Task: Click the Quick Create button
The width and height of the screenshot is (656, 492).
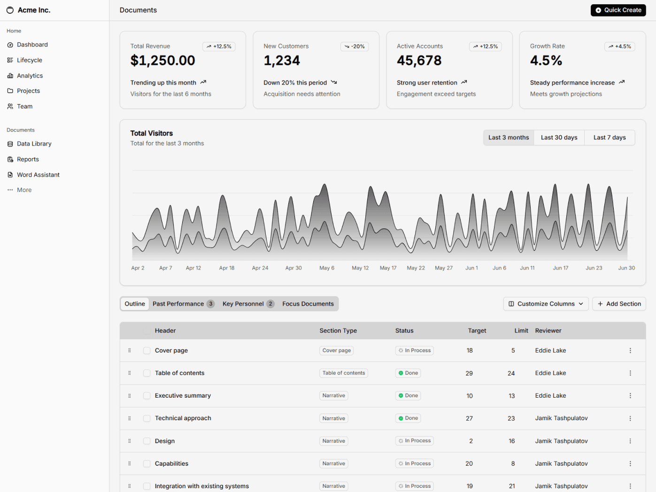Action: click(x=618, y=10)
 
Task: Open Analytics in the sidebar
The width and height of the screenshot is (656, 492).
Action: click(x=30, y=76)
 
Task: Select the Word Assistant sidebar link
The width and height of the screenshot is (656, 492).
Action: click(x=38, y=175)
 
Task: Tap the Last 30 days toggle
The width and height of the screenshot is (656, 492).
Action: click(x=559, y=138)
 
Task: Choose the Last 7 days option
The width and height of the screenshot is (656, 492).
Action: click(x=609, y=138)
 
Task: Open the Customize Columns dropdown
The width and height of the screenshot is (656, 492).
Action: click(x=546, y=304)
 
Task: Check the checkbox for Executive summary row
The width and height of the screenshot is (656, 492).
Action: click(x=147, y=396)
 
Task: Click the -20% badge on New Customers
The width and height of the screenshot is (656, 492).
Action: click(x=355, y=46)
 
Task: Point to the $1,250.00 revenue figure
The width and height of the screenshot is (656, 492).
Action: click(x=162, y=61)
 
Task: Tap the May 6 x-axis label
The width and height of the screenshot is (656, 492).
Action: click(x=327, y=268)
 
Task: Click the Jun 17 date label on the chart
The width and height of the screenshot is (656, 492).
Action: click(x=560, y=268)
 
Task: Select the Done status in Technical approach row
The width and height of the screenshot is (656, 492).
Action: click(x=408, y=418)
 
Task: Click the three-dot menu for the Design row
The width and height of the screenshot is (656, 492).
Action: click(x=630, y=441)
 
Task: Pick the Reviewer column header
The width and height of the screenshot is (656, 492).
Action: click(x=548, y=331)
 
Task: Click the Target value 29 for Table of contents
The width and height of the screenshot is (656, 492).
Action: click(x=469, y=373)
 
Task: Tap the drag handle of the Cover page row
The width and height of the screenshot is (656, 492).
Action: click(x=130, y=351)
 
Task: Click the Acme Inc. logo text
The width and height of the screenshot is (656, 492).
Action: click(x=34, y=10)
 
